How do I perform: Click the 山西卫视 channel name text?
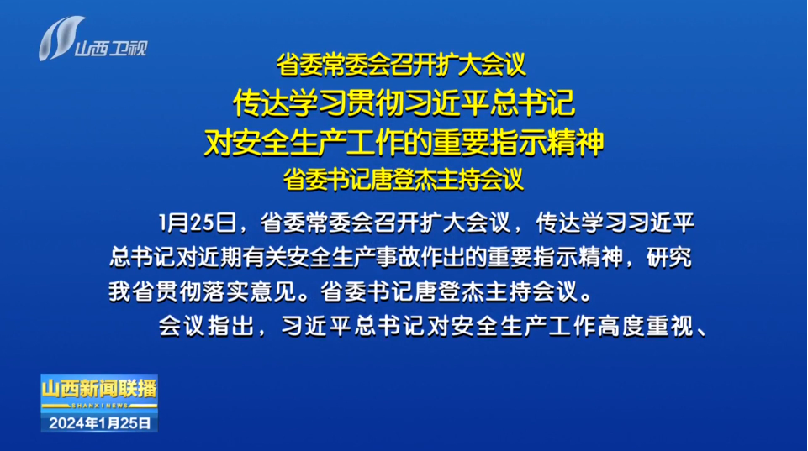(x=111, y=49)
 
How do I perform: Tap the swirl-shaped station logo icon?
(x=62, y=38)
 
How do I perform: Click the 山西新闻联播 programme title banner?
(x=99, y=389)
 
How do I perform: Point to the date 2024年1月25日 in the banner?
(x=99, y=423)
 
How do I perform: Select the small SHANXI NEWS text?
(x=99, y=406)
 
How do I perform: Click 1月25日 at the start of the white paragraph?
(x=198, y=223)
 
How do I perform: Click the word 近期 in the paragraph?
(x=220, y=257)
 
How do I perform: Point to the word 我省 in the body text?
(x=131, y=291)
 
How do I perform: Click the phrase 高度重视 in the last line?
(x=645, y=326)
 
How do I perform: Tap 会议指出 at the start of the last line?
(x=206, y=326)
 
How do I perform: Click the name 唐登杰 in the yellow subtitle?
(x=404, y=180)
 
